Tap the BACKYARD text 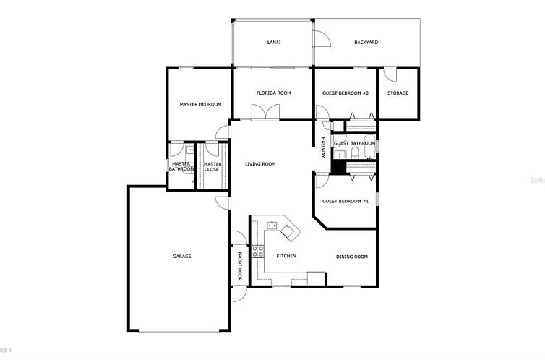366,43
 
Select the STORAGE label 398,93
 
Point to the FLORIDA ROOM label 273,93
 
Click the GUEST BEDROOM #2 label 346,93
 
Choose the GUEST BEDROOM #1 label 346,201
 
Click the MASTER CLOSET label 213,167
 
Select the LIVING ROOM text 260,164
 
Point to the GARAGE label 181,257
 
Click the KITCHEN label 286,257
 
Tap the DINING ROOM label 352,257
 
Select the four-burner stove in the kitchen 257,252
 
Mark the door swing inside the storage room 390,74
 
